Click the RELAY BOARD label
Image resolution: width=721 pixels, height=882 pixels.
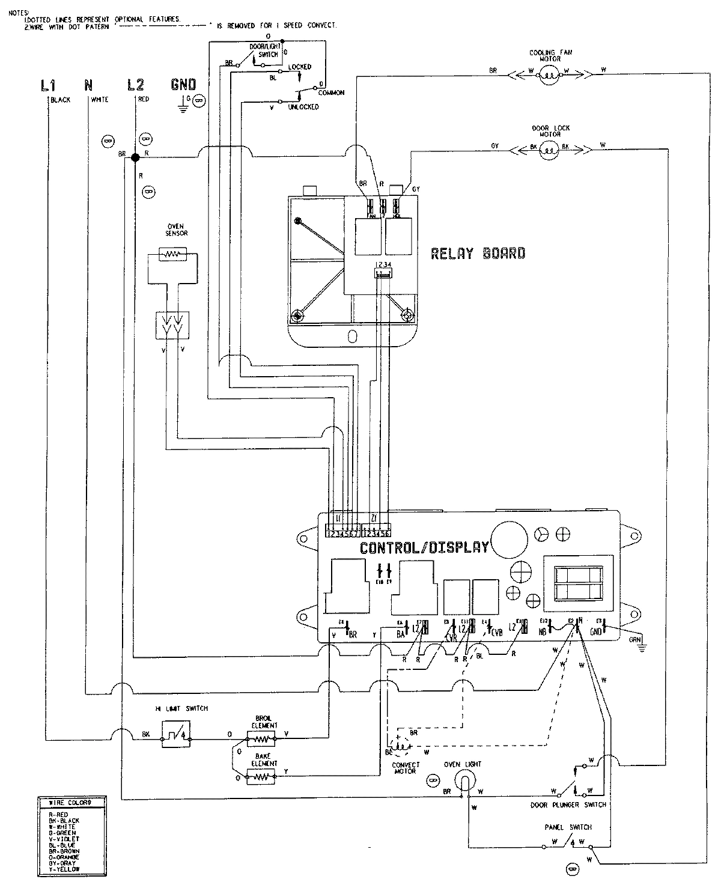point(478,254)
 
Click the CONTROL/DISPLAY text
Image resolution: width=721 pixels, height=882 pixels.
point(424,547)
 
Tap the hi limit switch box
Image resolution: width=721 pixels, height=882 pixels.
point(176,734)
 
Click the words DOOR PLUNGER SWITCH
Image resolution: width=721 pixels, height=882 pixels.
point(568,804)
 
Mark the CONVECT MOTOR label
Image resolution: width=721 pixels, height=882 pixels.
point(406,768)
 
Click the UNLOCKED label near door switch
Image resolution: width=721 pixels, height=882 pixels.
point(303,107)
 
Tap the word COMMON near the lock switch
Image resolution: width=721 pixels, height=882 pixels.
point(331,93)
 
